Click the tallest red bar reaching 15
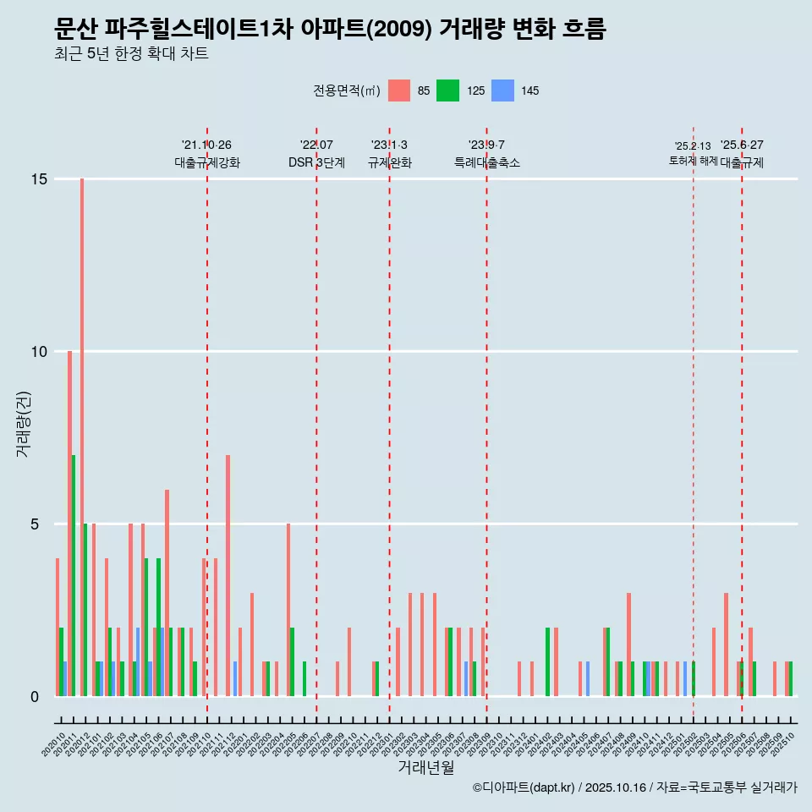pos(82,436)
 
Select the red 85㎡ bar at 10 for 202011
pos(69,523)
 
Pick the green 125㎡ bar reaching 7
pos(74,575)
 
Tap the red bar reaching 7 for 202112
pos(228,575)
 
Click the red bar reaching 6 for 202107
pos(167,592)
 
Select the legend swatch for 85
pos(399,91)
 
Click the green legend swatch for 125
pos(447,91)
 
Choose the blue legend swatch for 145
pos(502,91)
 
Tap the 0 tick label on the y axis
pos(36,696)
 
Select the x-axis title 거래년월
pos(426,768)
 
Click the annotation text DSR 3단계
pos(316,162)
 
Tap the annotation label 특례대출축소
pos(486,162)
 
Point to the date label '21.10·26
pos(206,145)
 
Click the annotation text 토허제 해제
pos(693,160)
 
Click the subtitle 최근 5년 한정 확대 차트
pos(131,54)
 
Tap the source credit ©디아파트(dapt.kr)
pos(524,787)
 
